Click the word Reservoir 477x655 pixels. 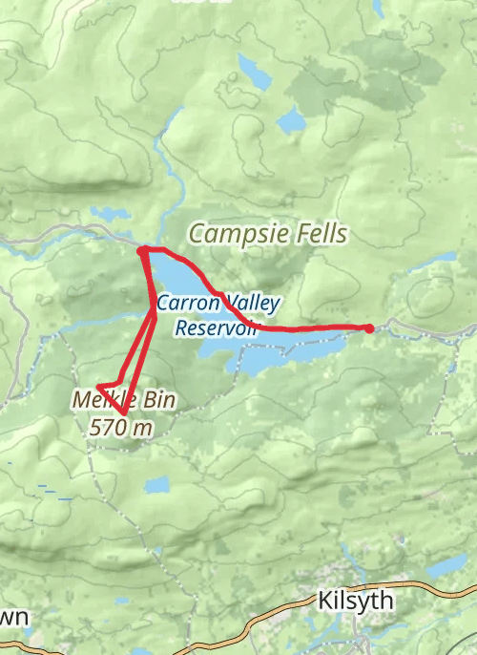point(218,327)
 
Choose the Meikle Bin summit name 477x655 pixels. point(122,401)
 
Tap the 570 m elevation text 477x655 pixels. point(121,427)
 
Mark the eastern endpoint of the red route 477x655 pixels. point(369,328)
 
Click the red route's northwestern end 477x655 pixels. point(142,250)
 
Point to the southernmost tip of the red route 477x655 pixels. point(125,414)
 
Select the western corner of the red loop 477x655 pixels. point(99,387)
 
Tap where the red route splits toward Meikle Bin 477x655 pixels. point(154,313)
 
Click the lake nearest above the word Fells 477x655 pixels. point(290,121)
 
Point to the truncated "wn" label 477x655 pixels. point(14,618)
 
